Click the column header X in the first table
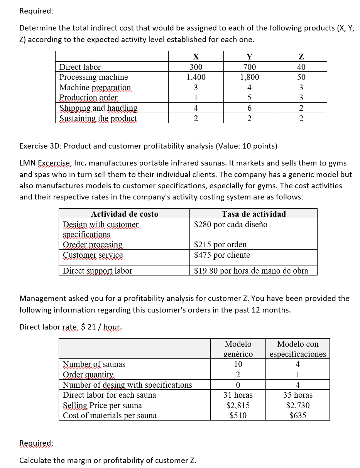coord(196,57)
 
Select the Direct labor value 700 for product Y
coord(250,67)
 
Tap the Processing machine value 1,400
coord(196,77)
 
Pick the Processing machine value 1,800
coord(250,77)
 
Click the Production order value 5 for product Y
coord(250,98)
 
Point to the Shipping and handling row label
coord(98,108)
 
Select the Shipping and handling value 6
coord(250,108)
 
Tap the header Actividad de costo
coord(124,214)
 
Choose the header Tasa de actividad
coord(254,214)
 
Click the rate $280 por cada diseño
coord(231,225)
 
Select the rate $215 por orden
coord(220,245)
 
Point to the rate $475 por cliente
coord(222,255)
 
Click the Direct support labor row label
coord(97,271)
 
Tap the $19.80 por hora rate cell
coord(251,271)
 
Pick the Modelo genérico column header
coord(238,349)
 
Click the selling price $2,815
coord(238,405)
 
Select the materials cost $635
coord(298,416)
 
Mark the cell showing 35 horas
coord(298,395)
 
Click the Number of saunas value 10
coord(238,364)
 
